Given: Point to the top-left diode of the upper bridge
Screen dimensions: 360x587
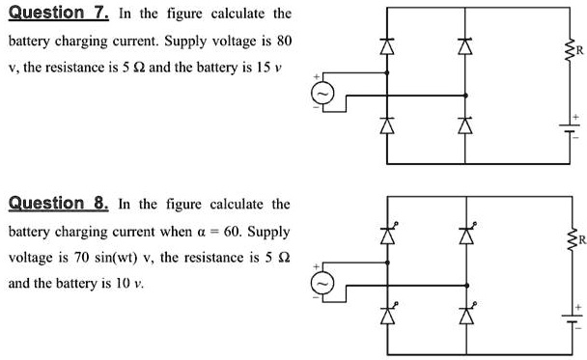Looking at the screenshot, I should pos(388,46).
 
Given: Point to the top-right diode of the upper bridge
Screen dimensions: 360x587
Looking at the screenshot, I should pos(466,46).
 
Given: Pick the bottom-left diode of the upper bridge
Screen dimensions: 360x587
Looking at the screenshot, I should pos(388,125).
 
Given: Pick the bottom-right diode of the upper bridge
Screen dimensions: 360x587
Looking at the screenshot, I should pos(466,125).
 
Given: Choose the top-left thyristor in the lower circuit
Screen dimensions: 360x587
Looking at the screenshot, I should pos(388,234).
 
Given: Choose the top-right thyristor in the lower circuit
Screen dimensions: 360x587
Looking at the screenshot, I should pos(466,234).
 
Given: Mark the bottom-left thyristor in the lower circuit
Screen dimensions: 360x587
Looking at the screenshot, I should pos(388,314).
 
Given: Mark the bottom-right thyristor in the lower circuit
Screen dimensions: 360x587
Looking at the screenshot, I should pos(466,314).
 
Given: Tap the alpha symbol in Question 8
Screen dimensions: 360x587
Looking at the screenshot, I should pos(225,233).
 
